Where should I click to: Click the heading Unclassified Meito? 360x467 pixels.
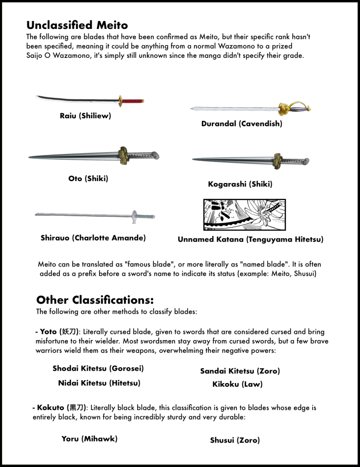tap(77, 25)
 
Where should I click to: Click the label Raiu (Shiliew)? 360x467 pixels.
tap(85, 116)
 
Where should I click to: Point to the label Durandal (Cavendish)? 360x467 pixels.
tap(242, 124)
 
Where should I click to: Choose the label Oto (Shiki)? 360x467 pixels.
tap(88, 178)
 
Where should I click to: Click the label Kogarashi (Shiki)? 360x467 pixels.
tap(240, 184)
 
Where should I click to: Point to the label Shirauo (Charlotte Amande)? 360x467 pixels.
tap(93, 238)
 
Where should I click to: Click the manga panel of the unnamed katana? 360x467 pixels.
tap(244, 215)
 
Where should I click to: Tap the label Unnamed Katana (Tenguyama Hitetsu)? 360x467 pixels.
tap(250, 239)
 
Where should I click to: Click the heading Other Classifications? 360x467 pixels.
tap(95, 300)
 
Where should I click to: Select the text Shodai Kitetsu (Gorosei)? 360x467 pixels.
tap(98, 369)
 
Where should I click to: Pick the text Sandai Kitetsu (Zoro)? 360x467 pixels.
tap(240, 371)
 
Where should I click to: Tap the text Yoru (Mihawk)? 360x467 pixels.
tap(89, 439)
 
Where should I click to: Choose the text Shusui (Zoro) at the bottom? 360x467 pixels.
tap(235, 440)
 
